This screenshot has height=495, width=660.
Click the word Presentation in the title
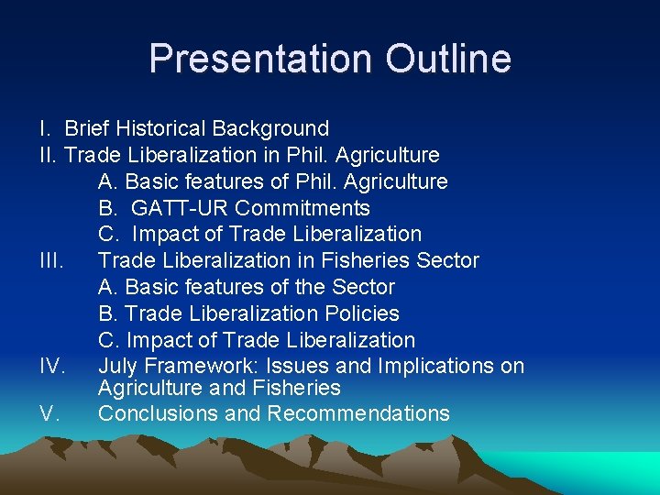click(x=260, y=59)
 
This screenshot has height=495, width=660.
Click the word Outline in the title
click(x=448, y=59)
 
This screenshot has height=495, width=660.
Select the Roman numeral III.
click(x=51, y=260)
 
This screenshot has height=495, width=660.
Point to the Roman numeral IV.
click(x=52, y=367)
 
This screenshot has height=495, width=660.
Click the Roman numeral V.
click(x=49, y=413)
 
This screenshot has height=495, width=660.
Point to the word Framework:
click(x=199, y=367)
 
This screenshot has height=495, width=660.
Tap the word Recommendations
click(x=358, y=413)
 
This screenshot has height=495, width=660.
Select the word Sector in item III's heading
click(x=447, y=260)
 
